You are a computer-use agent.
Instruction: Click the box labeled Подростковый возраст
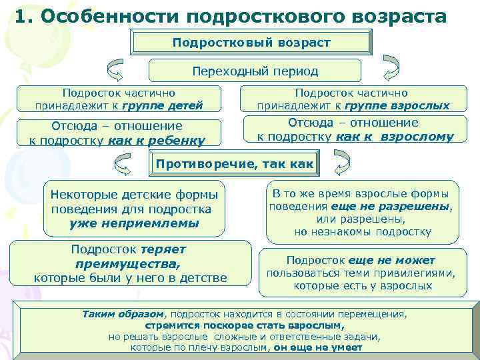251,42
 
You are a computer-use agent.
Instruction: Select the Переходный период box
255,71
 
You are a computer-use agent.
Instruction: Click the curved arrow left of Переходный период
115,70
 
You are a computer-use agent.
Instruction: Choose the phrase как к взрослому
395,137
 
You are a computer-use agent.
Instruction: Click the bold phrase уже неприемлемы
134,223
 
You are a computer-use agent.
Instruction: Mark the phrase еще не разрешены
409,206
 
